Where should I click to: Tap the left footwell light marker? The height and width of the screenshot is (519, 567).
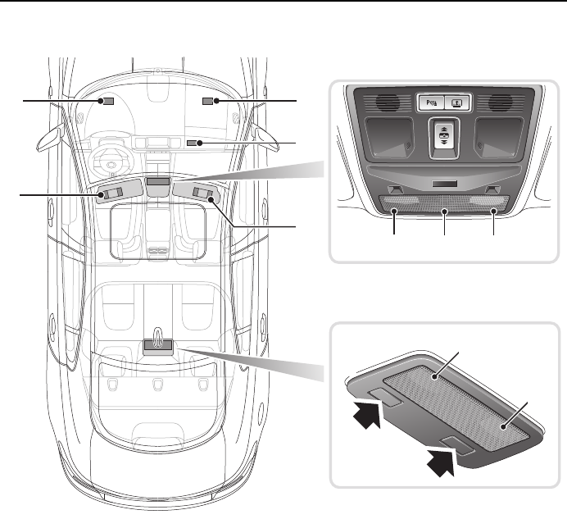(106, 101)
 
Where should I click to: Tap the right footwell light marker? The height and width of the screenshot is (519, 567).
(207, 101)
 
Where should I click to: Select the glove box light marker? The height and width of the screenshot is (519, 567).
(193, 143)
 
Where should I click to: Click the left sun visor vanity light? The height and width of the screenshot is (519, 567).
(110, 194)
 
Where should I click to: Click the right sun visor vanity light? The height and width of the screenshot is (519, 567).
(203, 194)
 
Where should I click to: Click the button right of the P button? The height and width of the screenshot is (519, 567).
(456, 103)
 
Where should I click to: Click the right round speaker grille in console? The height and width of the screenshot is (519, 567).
(502, 103)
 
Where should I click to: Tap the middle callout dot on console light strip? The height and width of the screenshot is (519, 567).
(444, 212)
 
